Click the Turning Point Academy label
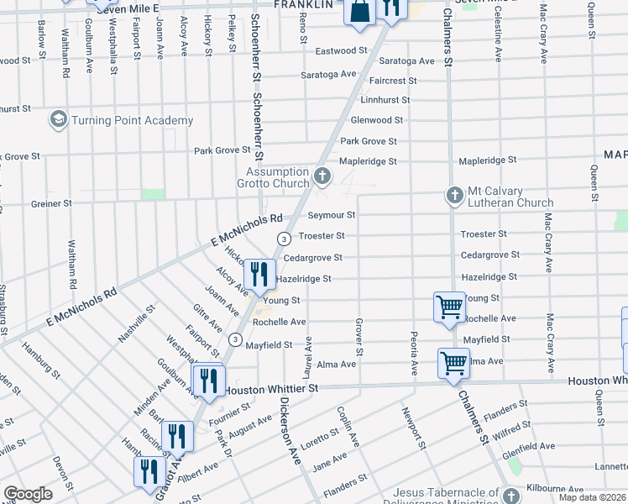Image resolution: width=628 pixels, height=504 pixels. [x=132, y=120]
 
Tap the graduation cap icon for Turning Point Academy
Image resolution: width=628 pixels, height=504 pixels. [x=58, y=120]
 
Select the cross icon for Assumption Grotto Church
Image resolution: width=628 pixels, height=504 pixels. [x=322, y=176]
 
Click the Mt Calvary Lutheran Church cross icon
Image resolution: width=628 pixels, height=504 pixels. [x=454, y=196]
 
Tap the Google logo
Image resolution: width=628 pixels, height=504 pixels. [x=28, y=494]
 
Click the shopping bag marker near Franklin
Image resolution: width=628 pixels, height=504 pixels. [x=358, y=13]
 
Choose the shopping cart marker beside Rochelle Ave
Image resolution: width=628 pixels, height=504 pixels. [x=449, y=307]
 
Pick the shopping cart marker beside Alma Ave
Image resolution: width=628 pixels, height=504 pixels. [x=453, y=364]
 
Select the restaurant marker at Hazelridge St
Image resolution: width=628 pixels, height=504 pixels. [x=258, y=274]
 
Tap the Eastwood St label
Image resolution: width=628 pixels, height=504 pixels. [x=341, y=51]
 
